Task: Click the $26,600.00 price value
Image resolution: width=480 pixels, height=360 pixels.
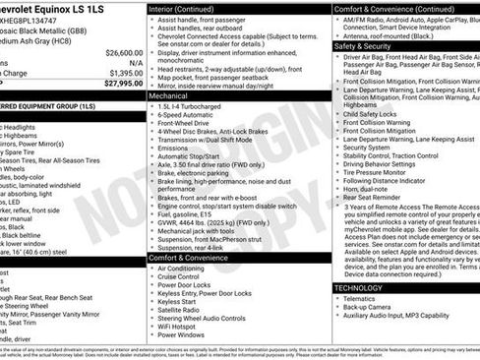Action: click(123, 51)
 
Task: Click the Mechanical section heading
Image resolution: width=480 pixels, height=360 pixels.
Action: click(169, 96)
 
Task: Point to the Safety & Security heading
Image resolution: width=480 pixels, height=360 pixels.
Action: click(363, 46)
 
